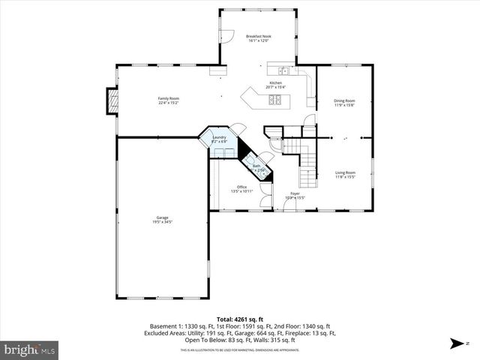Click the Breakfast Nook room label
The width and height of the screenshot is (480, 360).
click(258, 36)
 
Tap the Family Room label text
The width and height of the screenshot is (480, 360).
click(168, 98)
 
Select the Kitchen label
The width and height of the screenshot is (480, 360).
click(276, 82)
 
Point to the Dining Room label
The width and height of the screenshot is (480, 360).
click(344, 100)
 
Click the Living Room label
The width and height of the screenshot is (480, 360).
click(345, 172)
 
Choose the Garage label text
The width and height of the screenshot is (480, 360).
click(162, 217)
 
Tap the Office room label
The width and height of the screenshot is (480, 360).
click(241, 187)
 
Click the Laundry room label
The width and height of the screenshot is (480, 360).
click(219, 137)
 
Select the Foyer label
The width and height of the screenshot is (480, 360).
click(295, 193)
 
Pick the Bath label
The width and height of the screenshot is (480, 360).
click(256, 166)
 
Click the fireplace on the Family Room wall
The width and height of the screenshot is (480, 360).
click(112, 101)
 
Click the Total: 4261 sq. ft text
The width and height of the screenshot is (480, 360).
click(239, 319)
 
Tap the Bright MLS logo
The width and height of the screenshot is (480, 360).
click(29, 349)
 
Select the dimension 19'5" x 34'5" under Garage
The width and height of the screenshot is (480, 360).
click(162, 222)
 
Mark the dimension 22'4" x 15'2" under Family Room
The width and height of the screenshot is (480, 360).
click(168, 103)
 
